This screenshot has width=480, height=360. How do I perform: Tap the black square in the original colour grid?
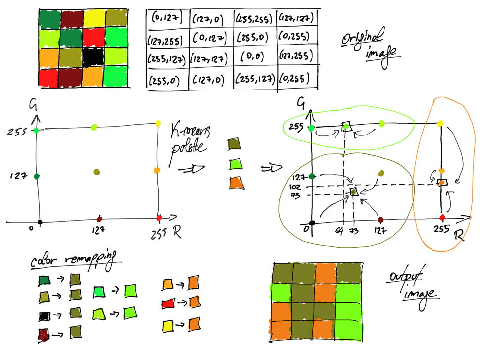click(92, 57)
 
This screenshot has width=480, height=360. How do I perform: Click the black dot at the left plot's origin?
click(40, 222)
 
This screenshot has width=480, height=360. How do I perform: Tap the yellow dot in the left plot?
click(158, 123)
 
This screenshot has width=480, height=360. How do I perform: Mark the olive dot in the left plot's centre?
click(96, 172)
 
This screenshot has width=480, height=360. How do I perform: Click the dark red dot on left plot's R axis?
click(100, 218)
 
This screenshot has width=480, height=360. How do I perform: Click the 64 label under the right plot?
click(339, 230)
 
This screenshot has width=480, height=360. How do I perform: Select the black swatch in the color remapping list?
click(45, 315)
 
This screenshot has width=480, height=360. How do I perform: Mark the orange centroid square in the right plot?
click(442, 183)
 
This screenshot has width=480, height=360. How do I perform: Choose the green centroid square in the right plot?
click(346, 127)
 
